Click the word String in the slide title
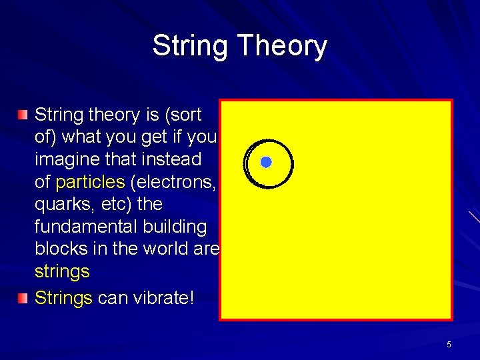click(x=190, y=46)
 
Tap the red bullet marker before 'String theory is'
click(x=23, y=115)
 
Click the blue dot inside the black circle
click(x=266, y=162)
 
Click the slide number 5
click(x=449, y=344)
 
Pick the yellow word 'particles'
click(x=90, y=182)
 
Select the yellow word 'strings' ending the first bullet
click(x=61, y=272)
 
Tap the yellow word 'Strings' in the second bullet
click(x=63, y=298)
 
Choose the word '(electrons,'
click(x=173, y=182)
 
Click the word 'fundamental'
click(x=86, y=227)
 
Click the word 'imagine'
click(x=67, y=159)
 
